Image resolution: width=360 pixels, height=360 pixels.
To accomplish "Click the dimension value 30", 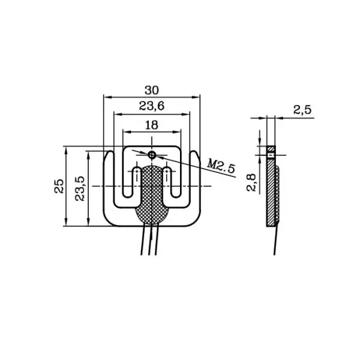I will pyautogui.click(x=152, y=90).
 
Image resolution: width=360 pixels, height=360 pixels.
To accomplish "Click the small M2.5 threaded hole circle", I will pyautogui.click(x=152, y=155).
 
